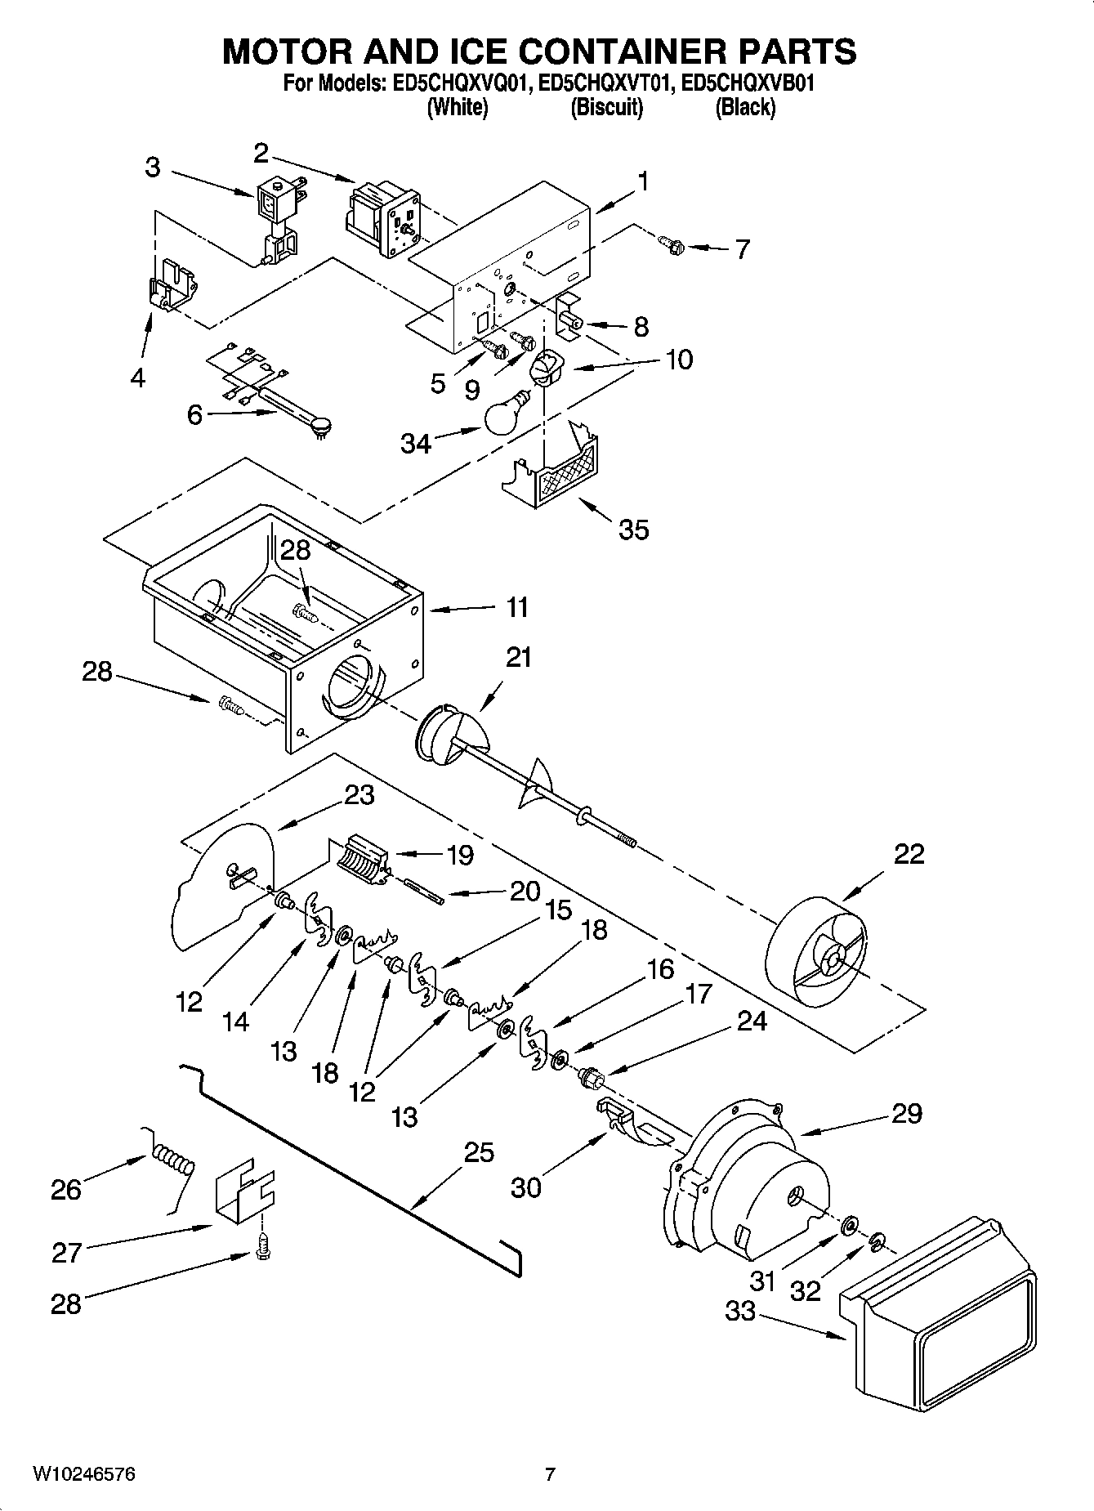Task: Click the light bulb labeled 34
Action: [x=507, y=415]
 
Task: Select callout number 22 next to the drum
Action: [x=909, y=853]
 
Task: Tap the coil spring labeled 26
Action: [x=173, y=1161]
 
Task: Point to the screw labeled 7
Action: [x=672, y=243]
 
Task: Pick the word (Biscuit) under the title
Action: [x=606, y=107]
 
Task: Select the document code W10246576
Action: [x=84, y=1474]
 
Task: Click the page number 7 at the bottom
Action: [x=550, y=1474]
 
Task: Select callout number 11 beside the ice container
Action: [x=516, y=607]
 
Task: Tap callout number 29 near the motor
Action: [x=906, y=1113]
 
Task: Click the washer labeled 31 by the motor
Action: [x=848, y=1223]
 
